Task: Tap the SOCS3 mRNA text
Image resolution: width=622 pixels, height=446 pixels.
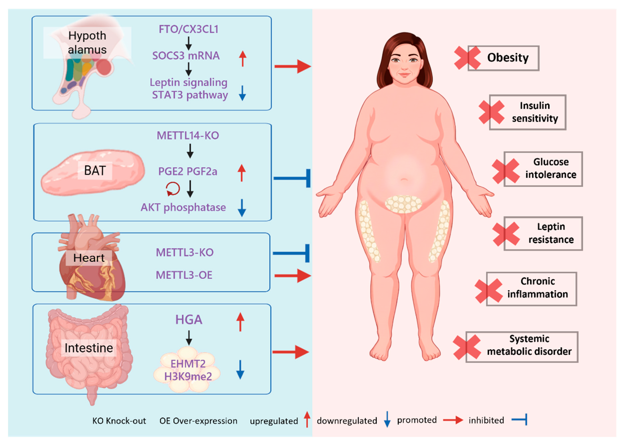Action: pyautogui.click(x=186, y=56)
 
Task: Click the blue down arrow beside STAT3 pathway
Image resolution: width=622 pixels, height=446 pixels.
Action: pyautogui.click(x=242, y=93)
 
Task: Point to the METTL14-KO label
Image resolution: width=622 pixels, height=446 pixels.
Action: pyautogui.click(x=188, y=136)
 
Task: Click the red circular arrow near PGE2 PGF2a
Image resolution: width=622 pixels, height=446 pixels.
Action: pyautogui.click(x=173, y=189)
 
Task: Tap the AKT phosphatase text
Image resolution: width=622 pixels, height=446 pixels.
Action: pyautogui.click(x=183, y=207)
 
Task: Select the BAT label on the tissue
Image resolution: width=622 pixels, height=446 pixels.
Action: pyautogui.click(x=95, y=171)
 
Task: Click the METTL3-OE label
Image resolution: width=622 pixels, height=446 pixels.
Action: pyautogui.click(x=184, y=275)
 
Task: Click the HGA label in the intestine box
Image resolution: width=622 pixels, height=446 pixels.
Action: pyautogui.click(x=189, y=319)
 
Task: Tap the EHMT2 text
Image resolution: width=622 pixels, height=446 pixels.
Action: pyautogui.click(x=188, y=364)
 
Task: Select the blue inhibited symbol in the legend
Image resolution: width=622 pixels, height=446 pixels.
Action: pyautogui.click(x=519, y=420)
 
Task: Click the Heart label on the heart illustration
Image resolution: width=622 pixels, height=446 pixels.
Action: pyautogui.click(x=89, y=258)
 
